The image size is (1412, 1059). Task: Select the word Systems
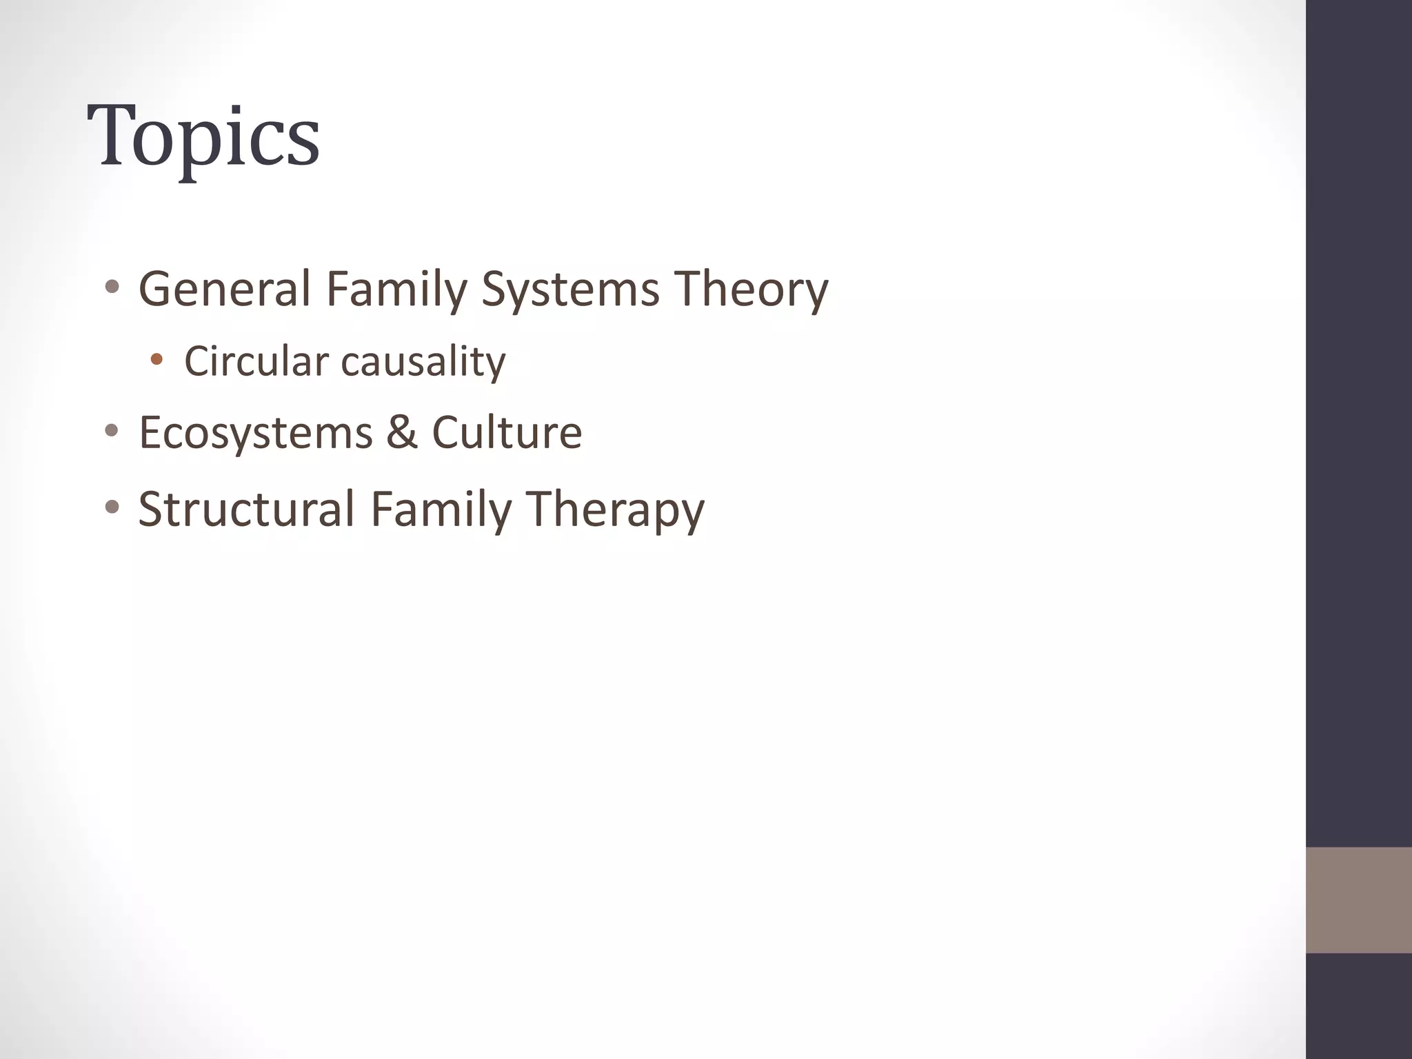pos(569,290)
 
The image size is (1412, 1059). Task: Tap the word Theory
pos(751,290)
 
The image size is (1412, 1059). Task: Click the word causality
pos(423,361)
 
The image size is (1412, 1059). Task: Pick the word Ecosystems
pos(256,433)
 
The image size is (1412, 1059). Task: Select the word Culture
pos(507,433)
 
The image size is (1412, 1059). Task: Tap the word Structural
pos(246,509)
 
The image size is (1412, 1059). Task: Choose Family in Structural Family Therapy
pos(441,509)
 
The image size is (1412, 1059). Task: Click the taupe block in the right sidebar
pos(1358,900)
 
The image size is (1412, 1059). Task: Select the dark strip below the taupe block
pos(1358,1006)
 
